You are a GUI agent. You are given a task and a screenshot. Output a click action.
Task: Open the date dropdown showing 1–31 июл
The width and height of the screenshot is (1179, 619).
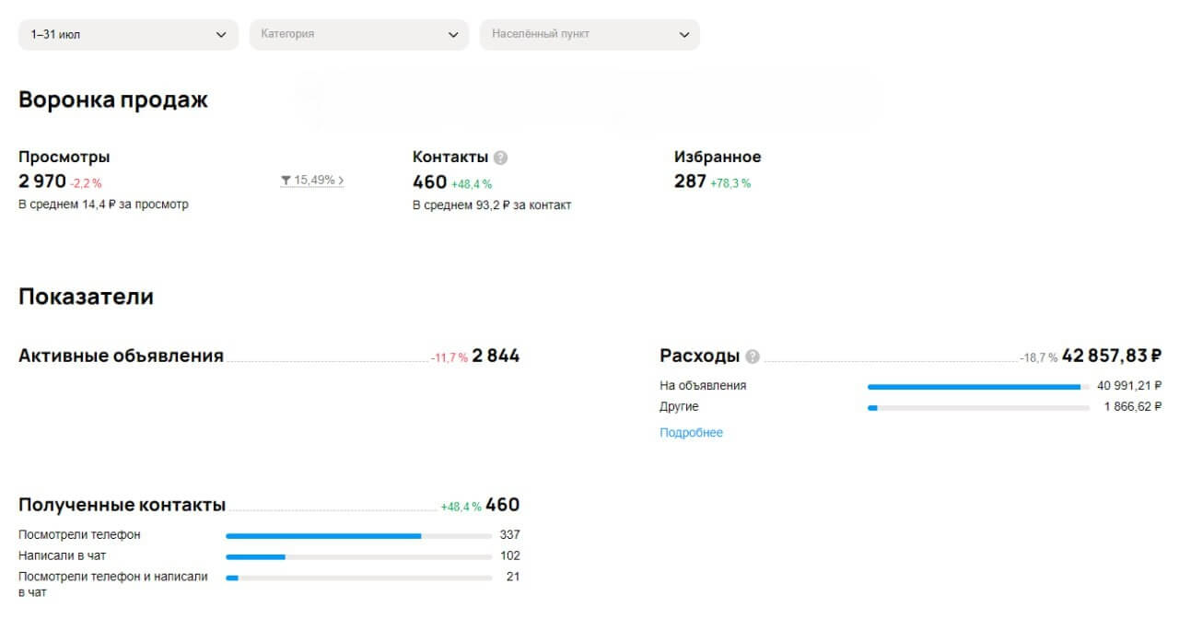[128, 35]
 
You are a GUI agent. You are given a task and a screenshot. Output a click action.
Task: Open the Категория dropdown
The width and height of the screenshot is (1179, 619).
[359, 35]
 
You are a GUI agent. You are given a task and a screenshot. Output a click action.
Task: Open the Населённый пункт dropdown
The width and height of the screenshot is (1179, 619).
[589, 35]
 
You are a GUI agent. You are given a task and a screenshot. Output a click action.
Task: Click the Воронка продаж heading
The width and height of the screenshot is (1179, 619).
[113, 100]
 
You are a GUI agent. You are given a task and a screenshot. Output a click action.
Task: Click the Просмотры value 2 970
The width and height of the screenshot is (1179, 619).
[42, 181]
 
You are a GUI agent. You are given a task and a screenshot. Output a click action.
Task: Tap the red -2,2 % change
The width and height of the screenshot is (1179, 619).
[86, 183]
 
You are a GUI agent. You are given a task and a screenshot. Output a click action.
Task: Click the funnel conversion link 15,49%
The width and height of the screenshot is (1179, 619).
[312, 181]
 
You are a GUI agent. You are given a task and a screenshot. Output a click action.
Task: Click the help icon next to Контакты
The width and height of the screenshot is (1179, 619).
[500, 158]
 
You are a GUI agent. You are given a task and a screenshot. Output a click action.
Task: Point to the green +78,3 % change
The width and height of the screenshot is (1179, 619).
[730, 183]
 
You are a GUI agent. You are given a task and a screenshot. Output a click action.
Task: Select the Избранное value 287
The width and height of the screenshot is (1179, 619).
[690, 181]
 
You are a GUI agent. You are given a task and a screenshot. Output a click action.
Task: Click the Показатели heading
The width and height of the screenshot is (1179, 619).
[86, 297]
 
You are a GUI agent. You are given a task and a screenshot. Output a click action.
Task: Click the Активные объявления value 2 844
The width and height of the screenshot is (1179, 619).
[496, 356]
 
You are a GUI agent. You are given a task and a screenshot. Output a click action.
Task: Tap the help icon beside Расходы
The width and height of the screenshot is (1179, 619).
[753, 356]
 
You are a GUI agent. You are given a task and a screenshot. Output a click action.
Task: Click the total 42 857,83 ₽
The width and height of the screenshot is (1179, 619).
[1112, 356]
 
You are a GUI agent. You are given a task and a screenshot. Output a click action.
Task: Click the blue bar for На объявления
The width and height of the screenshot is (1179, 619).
[975, 387]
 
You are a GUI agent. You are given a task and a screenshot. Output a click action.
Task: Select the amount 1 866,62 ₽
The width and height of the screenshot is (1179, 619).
[1133, 407]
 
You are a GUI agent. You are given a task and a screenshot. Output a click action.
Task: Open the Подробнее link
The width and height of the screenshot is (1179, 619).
[691, 433]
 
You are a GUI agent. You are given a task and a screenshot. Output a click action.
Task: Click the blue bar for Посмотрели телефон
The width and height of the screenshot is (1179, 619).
[323, 536]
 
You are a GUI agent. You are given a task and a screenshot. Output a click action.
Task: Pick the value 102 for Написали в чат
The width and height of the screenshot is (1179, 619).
[510, 555]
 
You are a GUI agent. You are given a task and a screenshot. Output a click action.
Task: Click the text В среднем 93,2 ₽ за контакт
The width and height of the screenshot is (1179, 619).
[492, 205]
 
